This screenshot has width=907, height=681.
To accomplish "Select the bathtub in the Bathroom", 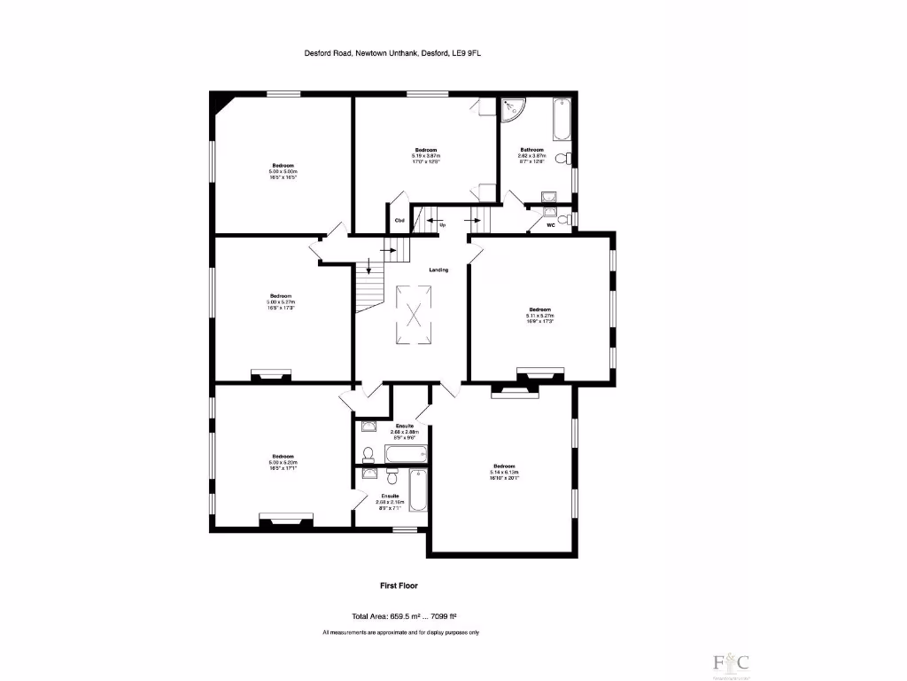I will pos(562,121).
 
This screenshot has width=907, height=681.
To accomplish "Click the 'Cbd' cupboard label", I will pos(399,221).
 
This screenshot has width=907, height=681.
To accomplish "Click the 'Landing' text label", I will pos(438,270).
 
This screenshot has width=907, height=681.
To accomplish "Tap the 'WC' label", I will pos(550,226).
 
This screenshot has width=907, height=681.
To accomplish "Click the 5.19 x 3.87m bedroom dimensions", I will pos(426,156).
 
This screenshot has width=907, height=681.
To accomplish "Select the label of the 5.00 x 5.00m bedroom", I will pos(283,166).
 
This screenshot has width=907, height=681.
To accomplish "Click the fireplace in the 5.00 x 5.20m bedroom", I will pos(285,520).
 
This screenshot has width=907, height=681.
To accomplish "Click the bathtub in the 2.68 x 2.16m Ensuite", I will pos(418,490).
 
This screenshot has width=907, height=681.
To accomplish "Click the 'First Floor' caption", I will pos(399,585).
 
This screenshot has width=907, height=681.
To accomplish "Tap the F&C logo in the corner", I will pos(732,661).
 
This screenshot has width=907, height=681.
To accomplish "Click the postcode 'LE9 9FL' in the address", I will pos(468,53).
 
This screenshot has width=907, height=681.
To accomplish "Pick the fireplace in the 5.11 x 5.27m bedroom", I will pos(539,376).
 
